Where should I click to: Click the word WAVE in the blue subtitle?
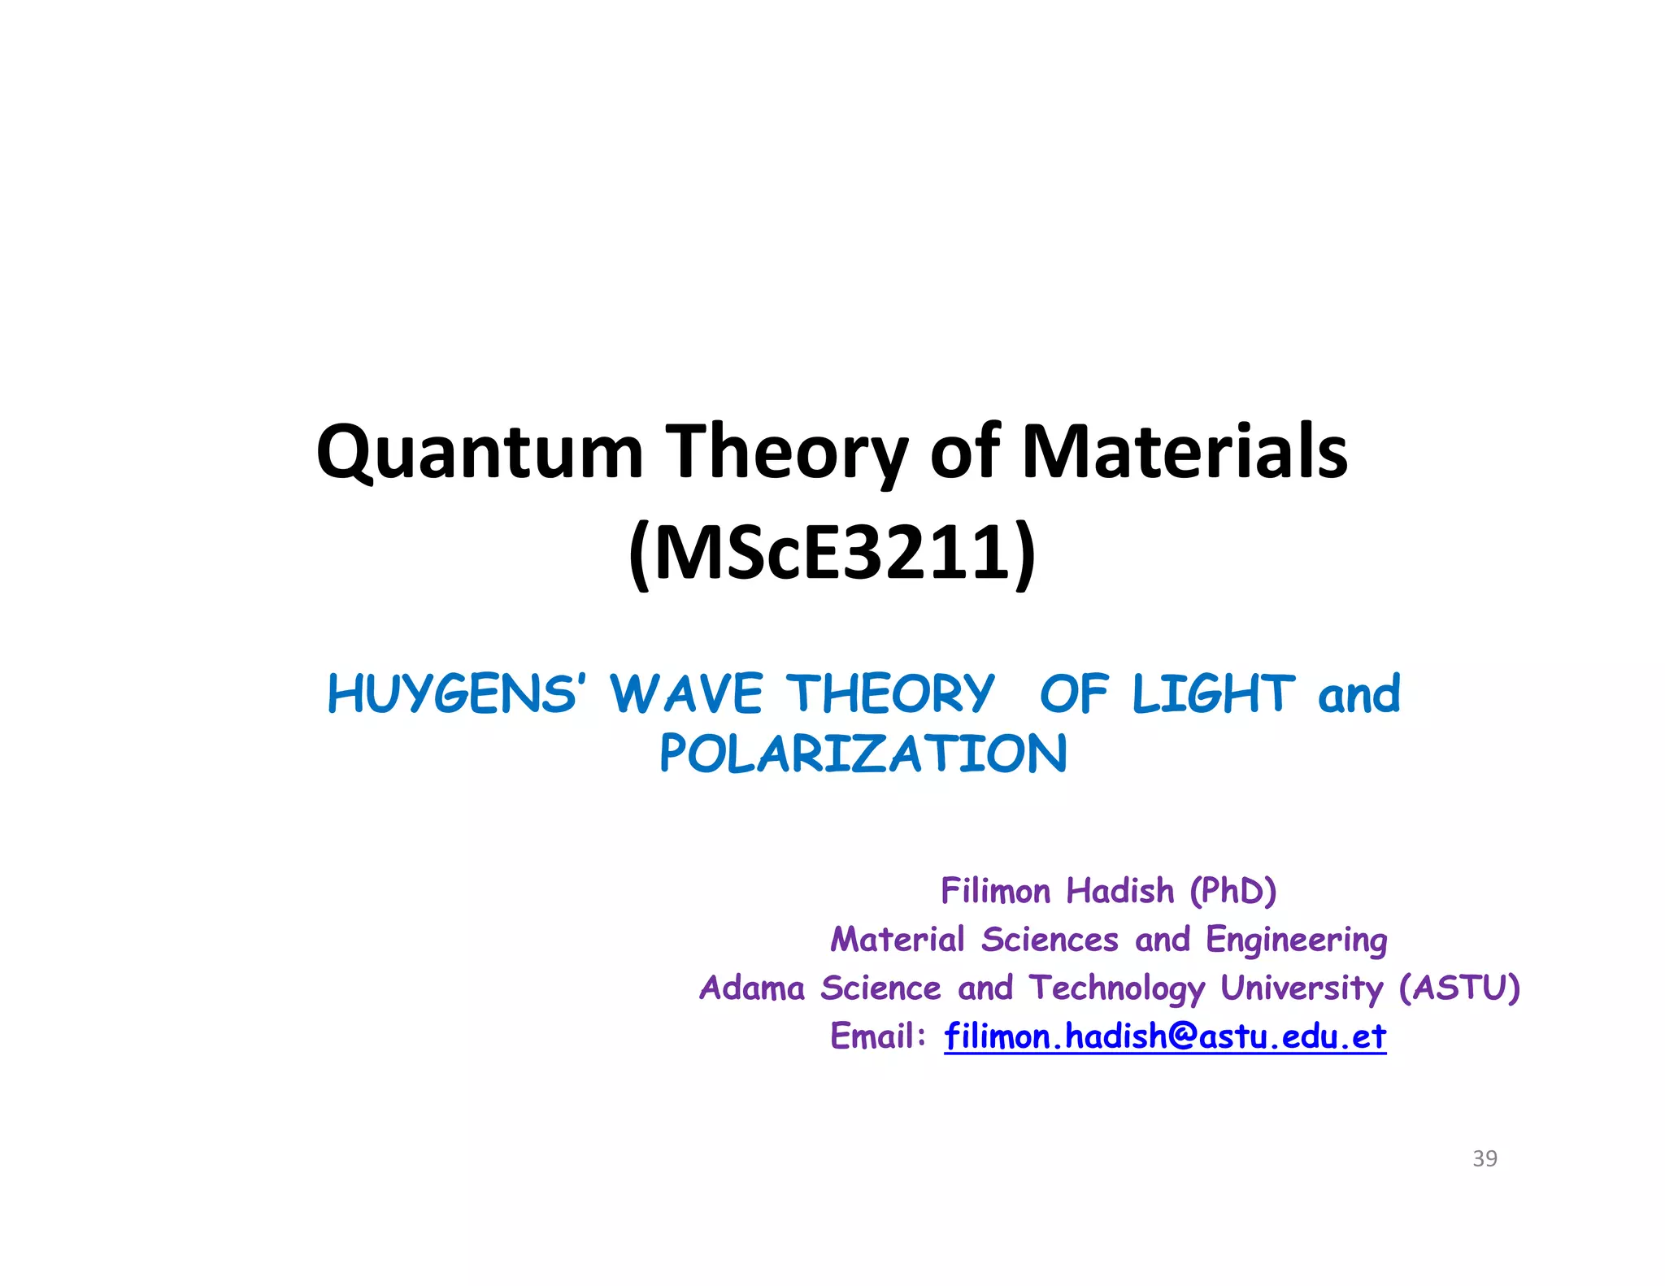tap(687, 694)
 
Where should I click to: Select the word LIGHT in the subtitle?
tap(1213, 694)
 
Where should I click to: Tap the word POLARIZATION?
tap(863, 754)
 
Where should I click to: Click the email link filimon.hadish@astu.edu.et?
tap(1165, 1036)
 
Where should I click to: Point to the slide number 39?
tap(1485, 1158)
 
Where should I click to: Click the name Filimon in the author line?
tap(995, 891)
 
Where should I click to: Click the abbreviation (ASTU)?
tap(1459, 988)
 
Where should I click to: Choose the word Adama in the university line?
tap(752, 988)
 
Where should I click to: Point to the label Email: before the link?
tap(878, 1036)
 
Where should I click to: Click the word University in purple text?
tap(1301, 988)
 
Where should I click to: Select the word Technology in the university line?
tap(1117, 988)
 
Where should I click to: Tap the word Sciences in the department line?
tap(1050, 941)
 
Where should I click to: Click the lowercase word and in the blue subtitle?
tap(1359, 694)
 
